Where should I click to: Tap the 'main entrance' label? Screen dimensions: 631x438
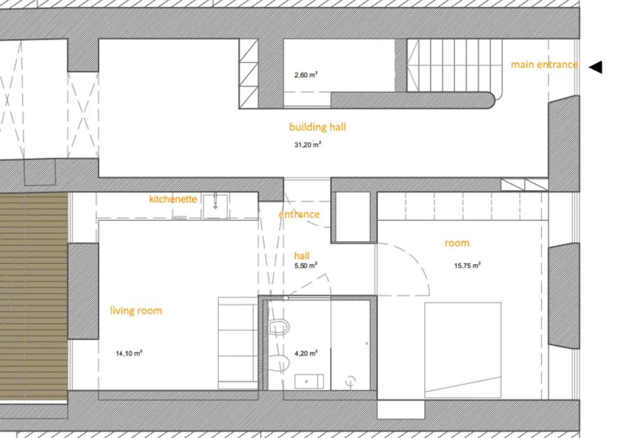pyautogui.click(x=544, y=65)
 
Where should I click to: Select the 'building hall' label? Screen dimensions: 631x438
pyautogui.click(x=317, y=127)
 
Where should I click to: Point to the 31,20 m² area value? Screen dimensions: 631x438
pyautogui.click(x=308, y=145)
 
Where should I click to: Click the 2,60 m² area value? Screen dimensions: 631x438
pyautogui.click(x=306, y=75)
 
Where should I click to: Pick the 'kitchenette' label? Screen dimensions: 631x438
pyautogui.click(x=173, y=199)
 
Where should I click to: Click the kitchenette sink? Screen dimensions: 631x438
pyautogui.click(x=215, y=206)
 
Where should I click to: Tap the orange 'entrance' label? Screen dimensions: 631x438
pyautogui.click(x=299, y=215)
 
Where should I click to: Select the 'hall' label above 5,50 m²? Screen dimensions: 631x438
pyautogui.click(x=302, y=256)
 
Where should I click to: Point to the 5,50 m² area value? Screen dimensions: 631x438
pyautogui.click(x=306, y=266)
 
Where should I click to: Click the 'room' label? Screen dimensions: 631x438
pyautogui.click(x=457, y=243)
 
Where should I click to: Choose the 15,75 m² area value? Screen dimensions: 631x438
pyautogui.click(x=467, y=266)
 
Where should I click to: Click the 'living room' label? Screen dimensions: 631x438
pyautogui.click(x=136, y=311)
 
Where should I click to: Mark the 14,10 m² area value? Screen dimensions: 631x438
pyautogui.click(x=129, y=353)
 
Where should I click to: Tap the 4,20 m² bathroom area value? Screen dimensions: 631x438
pyautogui.click(x=306, y=353)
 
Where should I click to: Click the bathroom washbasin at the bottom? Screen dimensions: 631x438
pyautogui.click(x=309, y=381)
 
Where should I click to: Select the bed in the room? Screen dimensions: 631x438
pyautogui.click(x=463, y=350)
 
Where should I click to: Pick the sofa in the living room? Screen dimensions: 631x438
pyautogui.click(x=238, y=343)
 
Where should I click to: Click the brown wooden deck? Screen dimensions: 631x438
pyautogui.click(x=34, y=296)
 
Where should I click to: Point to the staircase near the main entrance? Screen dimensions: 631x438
pyautogui.click(x=454, y=66)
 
